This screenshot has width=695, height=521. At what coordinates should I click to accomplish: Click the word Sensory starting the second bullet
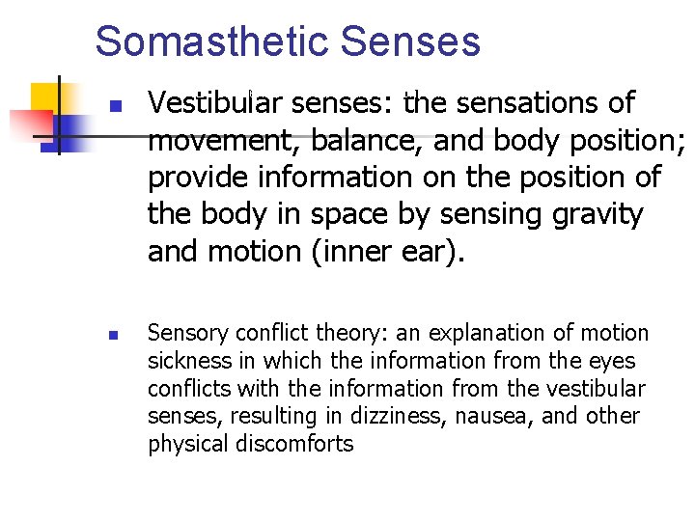[x=188, y=334]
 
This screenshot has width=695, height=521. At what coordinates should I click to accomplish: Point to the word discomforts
[x=299, y=445]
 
